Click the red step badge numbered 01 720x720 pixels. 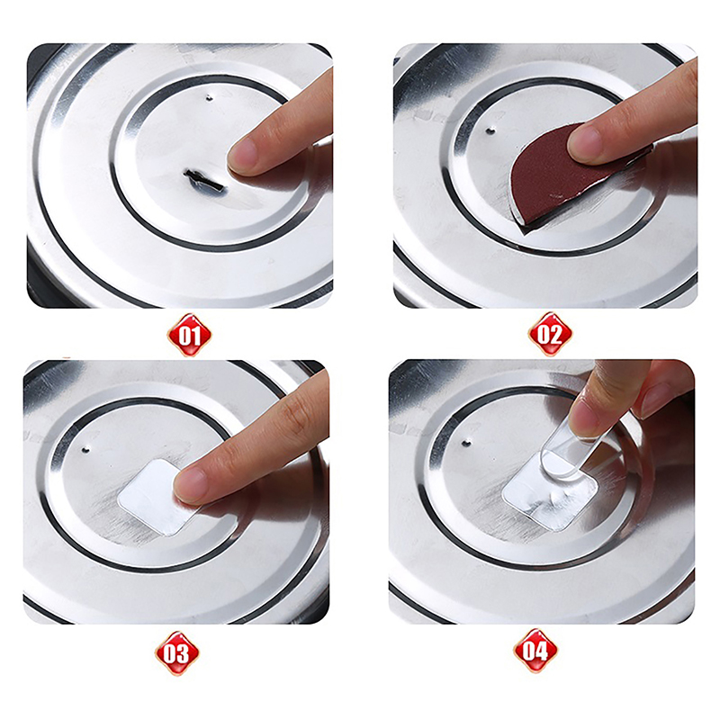click(x=189, y=335)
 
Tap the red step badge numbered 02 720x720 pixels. click(x=550, y=334)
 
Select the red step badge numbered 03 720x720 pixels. click(x=176, y=652)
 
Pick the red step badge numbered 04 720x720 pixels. click(x=535, y=651)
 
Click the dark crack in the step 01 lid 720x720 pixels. click(x=204, y=181)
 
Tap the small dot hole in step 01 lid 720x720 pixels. click(x=210, y=97)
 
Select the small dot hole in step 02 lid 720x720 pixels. click(x=490, y=130)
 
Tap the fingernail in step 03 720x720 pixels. click(x=189, y=485)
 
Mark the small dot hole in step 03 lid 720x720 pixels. click(x=85, y=448)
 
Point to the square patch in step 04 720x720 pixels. click(x=549, y=491)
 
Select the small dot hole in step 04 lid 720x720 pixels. click(x=466, y=444)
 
